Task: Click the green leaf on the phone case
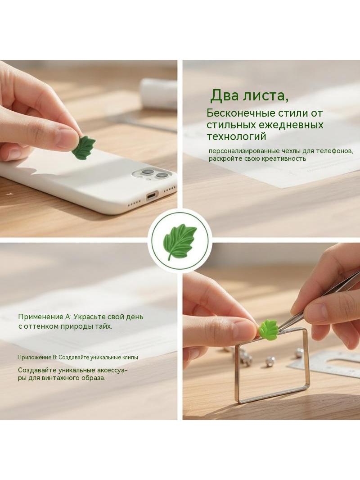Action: pos(84,148)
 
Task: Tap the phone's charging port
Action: pos(152,195)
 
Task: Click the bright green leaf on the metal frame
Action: pos(268,328)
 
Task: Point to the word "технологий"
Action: pos(236,136)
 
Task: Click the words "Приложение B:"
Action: pos(37,357)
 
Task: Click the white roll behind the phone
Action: pos(159,94)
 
